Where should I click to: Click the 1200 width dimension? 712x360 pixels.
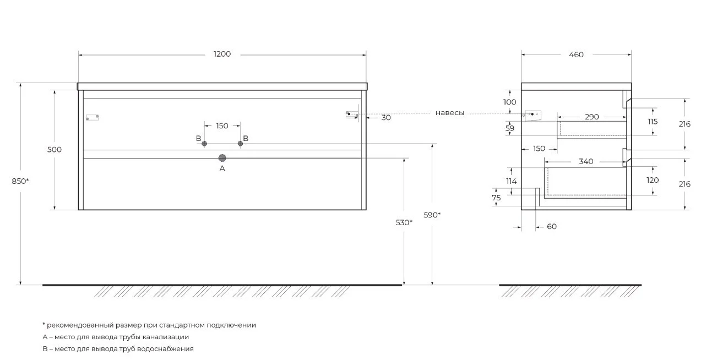222,54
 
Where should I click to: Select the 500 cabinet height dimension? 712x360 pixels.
55,149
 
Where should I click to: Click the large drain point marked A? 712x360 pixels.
222,158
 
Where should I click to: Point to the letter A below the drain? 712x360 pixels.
222,168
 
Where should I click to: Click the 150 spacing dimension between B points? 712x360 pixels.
222,126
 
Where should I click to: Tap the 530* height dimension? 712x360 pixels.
404,222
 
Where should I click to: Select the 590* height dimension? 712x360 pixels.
432,215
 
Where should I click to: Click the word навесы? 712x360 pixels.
450,113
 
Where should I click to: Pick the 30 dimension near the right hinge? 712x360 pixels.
386,117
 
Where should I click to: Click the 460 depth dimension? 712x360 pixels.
576,54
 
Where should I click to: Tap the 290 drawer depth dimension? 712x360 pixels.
592,117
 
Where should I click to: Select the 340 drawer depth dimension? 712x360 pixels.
586,161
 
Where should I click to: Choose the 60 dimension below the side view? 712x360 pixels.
552,226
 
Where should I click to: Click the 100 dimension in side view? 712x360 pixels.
510,102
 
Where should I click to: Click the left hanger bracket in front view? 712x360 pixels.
93,117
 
